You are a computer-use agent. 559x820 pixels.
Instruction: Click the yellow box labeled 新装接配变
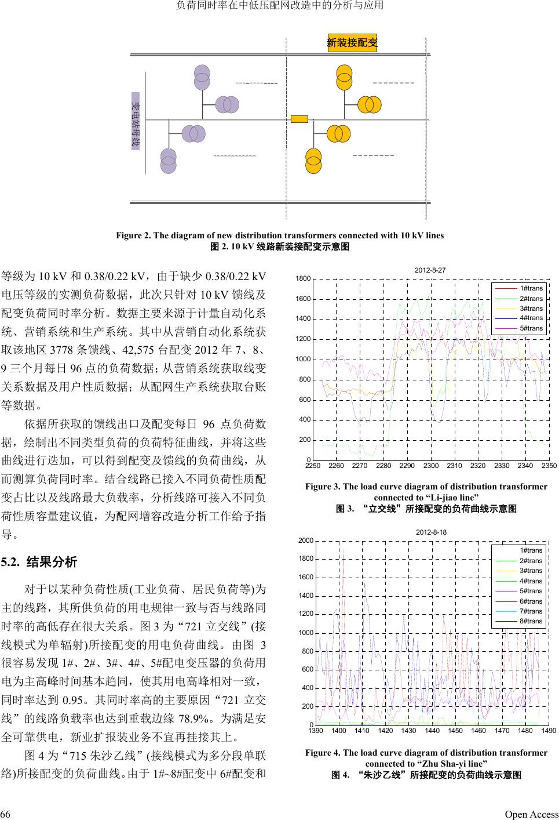coord(352,42)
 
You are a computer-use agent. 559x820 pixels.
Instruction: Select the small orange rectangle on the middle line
coord(299,119)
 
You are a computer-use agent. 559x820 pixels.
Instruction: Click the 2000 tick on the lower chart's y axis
coord(306,540)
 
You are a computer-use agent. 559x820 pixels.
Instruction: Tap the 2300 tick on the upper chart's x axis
coord(430,466)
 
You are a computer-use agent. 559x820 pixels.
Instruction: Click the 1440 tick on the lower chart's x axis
coord(432,731)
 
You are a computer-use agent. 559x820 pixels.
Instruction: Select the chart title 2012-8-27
coord(430,270)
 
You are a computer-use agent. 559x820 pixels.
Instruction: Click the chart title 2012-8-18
coord(432,532)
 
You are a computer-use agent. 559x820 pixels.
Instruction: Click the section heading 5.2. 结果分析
coord(39,562)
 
